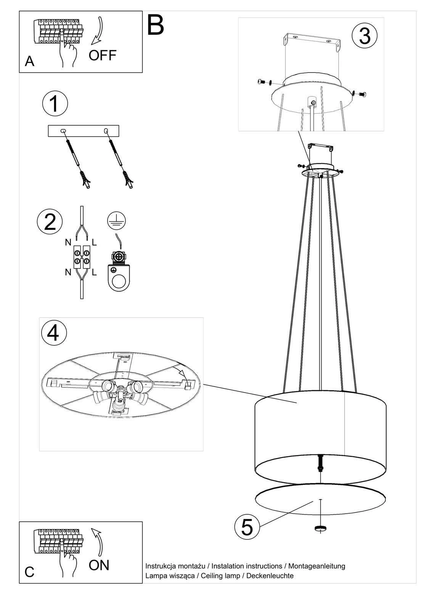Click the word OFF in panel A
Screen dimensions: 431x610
pyautogui.click(x=103, y=55)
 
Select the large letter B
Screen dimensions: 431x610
pyautogui.click(x=155, y=25)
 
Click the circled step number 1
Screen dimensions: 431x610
pyautogui.click(x=55, y=104)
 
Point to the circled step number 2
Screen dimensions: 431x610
pyautogui.click(x=50, y=222)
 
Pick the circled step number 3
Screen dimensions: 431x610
pyautogui.click(x=365, y=36)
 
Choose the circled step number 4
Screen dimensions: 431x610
pyautogui.click(x=54, y=333)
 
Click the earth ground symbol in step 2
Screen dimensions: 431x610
pyautogui.click(x=116, y=220)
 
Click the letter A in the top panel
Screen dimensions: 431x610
pyautogui.click(x=30, y=61)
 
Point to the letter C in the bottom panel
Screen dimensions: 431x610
pyautogui.click(x=29, y=572)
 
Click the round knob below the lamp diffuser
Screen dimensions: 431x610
pyautogui.click(x=320, y=528)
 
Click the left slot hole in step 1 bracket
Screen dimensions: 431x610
pyautogui.click(x=63, y=131)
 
